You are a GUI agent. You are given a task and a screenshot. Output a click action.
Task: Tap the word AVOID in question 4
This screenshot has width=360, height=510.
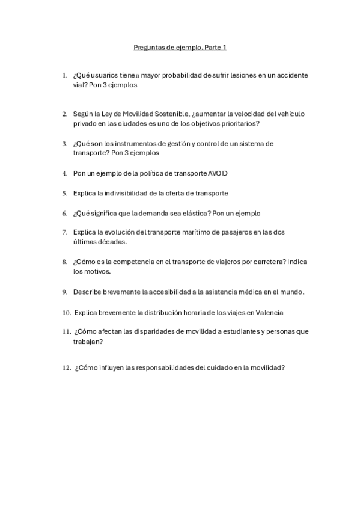[218, 173]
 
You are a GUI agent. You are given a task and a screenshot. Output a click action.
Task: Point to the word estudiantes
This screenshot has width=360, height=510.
[222, 331]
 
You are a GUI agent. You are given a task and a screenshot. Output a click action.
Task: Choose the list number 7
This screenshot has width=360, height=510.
[64, 232]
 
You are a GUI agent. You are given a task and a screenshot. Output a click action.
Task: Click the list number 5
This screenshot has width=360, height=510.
[64, 193]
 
